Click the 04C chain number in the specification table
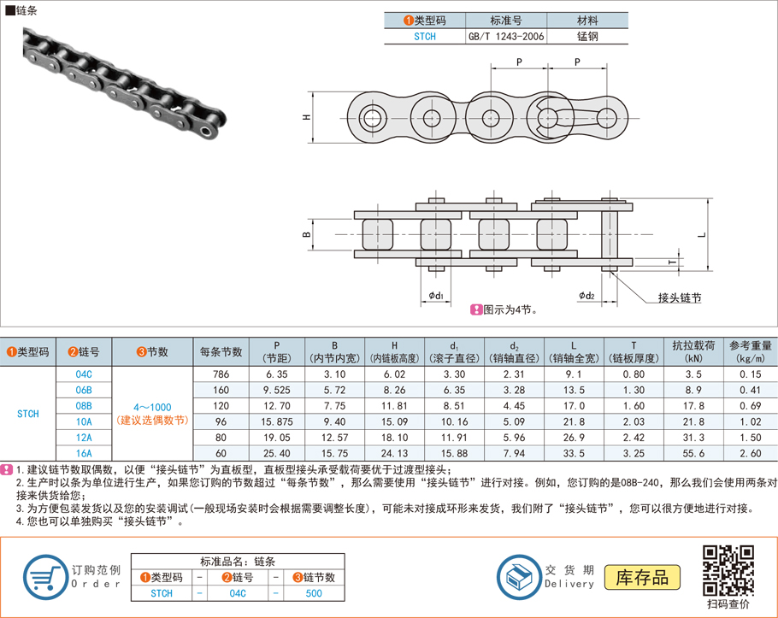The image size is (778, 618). [x=83, y=374]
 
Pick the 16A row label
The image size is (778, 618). [x=83, y=453]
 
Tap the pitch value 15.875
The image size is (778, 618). [x=277, y=421]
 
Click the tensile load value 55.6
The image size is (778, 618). [x=693, y=453]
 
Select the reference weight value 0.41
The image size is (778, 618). [x=750, y=390]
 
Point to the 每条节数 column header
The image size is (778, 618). [x=221, y=351]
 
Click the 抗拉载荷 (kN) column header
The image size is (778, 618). [x=693, y=351]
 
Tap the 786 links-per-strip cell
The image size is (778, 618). [x=221, y=374]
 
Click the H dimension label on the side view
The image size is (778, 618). [x=306, y=118]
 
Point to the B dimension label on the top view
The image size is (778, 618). [x=305, y=233]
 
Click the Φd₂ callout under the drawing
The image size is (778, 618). [x=586, y=296]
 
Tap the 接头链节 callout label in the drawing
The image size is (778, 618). [x=679, y=297]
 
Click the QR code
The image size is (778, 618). [x=728, y=570]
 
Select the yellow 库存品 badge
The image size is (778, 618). [x=642, y=577]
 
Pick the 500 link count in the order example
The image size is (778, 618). [x=314, y=593]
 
